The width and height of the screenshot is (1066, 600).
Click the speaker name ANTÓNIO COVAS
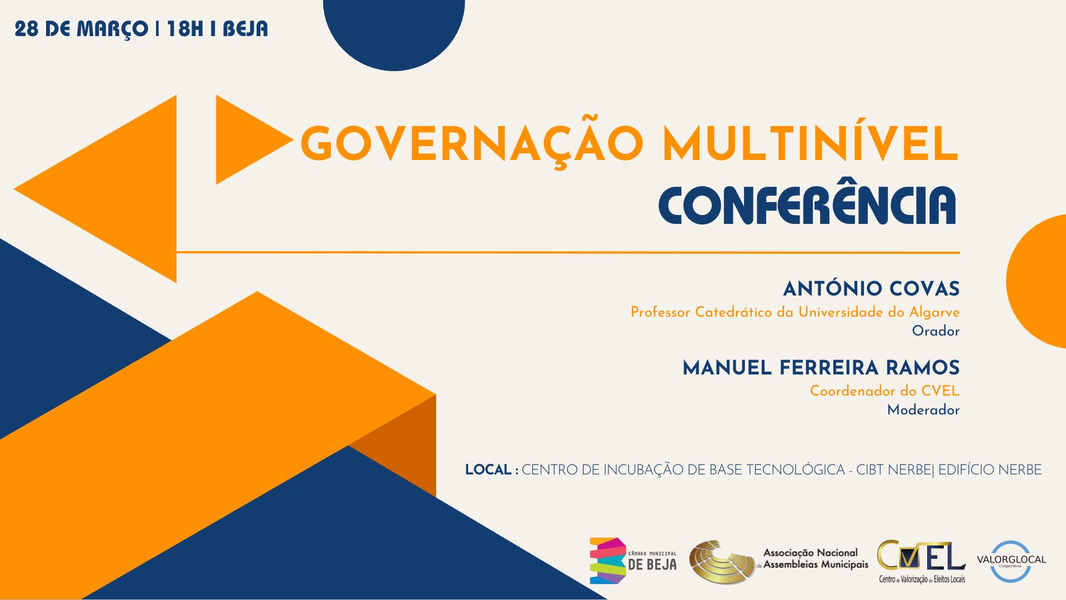point(871,288)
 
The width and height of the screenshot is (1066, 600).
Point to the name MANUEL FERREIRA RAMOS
point(821,368)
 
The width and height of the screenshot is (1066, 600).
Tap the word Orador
point(936,331)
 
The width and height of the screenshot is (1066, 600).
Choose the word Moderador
point(923,410)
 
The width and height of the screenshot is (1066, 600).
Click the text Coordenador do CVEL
point(884,391)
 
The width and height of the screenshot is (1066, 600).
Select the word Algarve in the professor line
point(934,313)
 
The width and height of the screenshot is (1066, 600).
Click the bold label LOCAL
point(489,470)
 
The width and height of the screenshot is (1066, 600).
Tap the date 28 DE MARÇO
point(81,29)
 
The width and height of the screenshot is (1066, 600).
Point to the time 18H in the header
point(185,29)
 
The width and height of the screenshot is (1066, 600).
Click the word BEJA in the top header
point(245,29)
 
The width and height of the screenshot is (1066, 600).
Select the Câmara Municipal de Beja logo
point(633,561)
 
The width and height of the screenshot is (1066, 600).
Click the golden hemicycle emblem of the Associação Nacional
point(722,562)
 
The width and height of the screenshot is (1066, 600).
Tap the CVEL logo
point(922,562)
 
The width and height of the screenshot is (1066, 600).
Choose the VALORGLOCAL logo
point(1012,561)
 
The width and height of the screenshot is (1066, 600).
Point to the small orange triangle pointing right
point(247,139)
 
